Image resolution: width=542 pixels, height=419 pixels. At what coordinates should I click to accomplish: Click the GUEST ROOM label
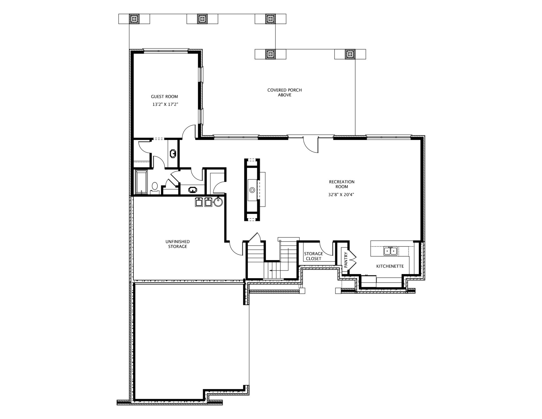[164, 97]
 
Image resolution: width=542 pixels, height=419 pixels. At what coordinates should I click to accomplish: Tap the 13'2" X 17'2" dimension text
[165, 104]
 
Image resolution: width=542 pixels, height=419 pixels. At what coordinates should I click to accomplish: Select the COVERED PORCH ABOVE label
[285, 93]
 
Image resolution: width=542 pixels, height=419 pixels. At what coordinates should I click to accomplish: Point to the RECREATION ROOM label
[342, 184]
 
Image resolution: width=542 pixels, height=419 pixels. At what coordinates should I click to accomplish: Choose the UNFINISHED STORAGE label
[178, 244]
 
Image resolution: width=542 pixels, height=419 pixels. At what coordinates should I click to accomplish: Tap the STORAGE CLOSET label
[313, 256]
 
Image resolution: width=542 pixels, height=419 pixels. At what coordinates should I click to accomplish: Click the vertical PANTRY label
[346, 259]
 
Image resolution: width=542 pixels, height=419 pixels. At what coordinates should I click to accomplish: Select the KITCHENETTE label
[390, 266]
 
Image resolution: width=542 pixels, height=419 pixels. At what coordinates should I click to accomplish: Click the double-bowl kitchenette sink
[391, 251]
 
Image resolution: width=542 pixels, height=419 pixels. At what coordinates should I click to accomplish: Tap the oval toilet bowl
[155, 186]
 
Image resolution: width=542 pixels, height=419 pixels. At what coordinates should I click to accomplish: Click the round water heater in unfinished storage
[218, 202]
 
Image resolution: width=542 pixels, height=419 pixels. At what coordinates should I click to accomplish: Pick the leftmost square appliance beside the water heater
[199, 202]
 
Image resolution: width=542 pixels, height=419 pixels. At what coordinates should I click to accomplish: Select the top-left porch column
[134, 19]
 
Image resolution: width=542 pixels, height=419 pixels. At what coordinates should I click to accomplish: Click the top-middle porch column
[202, 19]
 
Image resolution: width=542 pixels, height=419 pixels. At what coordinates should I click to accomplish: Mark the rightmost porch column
[350, 54]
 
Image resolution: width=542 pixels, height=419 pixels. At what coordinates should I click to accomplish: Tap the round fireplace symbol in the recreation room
[252, 189]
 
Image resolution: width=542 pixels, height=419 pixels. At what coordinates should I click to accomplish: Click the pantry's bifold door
[353, 259]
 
